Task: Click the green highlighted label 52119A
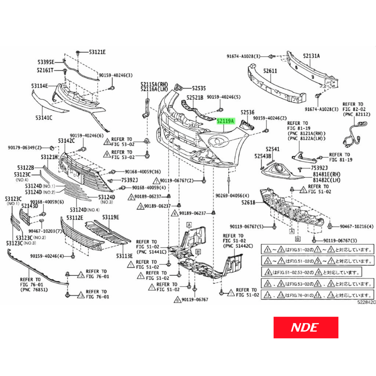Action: click(226, 121)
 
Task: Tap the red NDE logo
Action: click(306, 327)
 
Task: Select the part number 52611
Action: click(270, 71)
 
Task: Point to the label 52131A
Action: click(311, 56)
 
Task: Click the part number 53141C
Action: click(44, 118)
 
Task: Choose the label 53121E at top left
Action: click(97, 52)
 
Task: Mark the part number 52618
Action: click(248, 202)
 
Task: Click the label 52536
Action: click(247, 112)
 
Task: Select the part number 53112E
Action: click(75, 218)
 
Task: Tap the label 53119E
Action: click(110, 217)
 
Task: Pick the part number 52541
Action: click(272, 149)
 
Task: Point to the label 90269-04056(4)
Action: click(232, 196)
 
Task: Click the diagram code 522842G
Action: click(366, 302)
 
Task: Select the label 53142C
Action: click(66, 141)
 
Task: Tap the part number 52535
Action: click(199, 88)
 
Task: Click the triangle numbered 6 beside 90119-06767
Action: click(177, 300)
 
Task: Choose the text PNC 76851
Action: click(34, 290)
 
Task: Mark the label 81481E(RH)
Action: click(327, 174)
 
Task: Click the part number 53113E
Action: click(124, 256)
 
